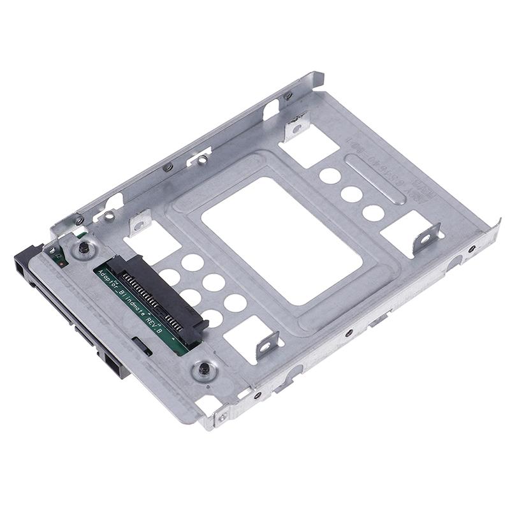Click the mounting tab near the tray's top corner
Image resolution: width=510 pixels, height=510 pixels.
(295, 128)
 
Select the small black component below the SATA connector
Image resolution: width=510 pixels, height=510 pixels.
(146, 349)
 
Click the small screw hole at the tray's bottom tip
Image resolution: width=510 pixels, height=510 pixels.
(222, 418)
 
